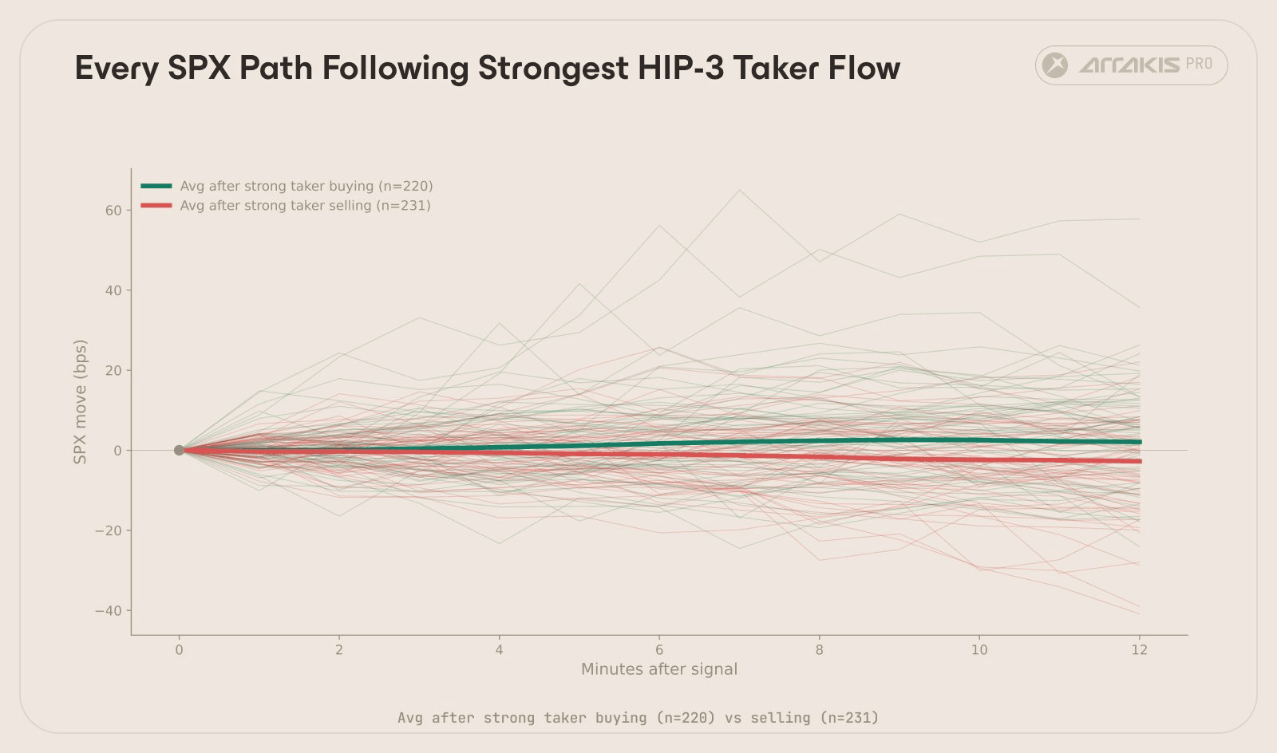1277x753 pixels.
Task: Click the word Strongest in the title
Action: (x=552, y=69)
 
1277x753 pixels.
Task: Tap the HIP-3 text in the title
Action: (x=681, y=69)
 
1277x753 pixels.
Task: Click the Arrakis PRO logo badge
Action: (x=1131, y=65)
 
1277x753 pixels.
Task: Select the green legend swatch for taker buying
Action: (x=156, y=186)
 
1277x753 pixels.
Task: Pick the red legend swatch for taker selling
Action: (x=156, y=206)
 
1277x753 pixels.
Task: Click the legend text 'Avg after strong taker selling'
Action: (x=305, y=206)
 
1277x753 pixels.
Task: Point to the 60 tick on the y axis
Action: (x=113, y=211)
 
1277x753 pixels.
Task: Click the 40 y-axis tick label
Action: (x=113, y=290)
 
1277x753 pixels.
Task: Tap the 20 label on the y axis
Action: (x=113, y=371)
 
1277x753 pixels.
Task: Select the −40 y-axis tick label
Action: (x=109, y=611)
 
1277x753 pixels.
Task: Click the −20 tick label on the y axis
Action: (x=109, y=531)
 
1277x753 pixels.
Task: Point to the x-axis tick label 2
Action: (x=339, y=650)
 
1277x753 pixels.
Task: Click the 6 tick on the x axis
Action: (x=659, y=650)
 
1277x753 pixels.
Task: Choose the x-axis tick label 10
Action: (x=979, y=650)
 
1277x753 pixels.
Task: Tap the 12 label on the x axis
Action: (x=1139, y=650)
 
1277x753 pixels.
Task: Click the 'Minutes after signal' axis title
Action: (x=659, y=669)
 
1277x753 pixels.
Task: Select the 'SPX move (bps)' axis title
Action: (x=80, y=402)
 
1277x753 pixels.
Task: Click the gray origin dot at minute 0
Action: (x=179, y=451)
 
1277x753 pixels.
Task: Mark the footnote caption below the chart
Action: (x=638, y=718)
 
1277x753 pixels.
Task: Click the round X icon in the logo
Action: (x=1055, y=65)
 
